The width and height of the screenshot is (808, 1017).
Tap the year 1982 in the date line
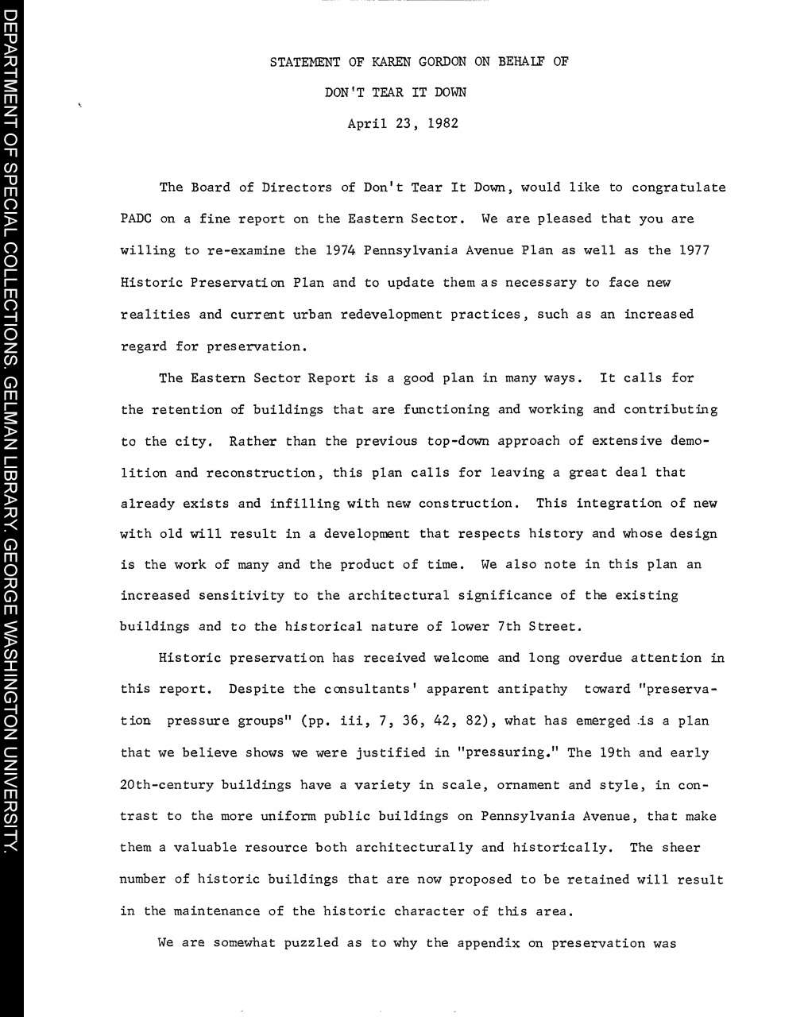(x=443, y=124)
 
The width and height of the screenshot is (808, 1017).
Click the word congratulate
(x=678, y=188)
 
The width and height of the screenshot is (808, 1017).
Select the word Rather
(x=253, y=441)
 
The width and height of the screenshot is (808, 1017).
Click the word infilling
(x=304, y=503)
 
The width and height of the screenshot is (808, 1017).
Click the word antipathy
(x=532, y=689)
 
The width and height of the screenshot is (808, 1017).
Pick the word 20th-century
(x=167, y=785)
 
